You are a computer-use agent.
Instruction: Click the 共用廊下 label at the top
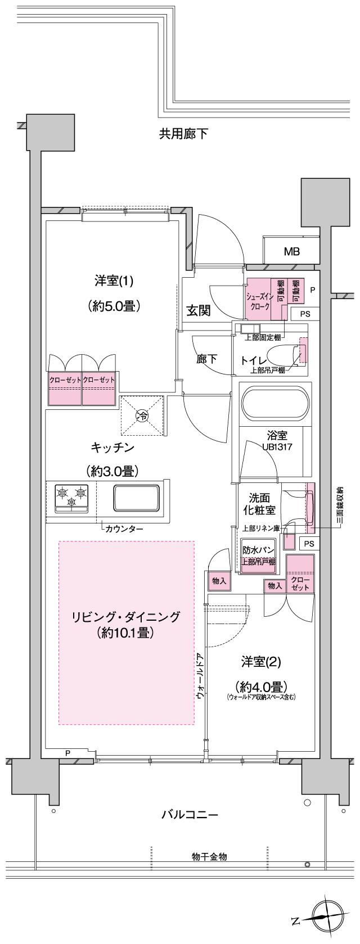(x=183, y=134)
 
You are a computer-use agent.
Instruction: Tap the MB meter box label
(x=291, y=251)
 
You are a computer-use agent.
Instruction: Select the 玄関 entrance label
(x=199, y=310)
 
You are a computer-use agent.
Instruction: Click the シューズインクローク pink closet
(x=258, y=299)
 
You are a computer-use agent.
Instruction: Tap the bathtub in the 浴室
(x=274, y=404)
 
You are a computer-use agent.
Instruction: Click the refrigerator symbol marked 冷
(x=142, y=416)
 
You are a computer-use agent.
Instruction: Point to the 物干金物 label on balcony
(x=209, y=857)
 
